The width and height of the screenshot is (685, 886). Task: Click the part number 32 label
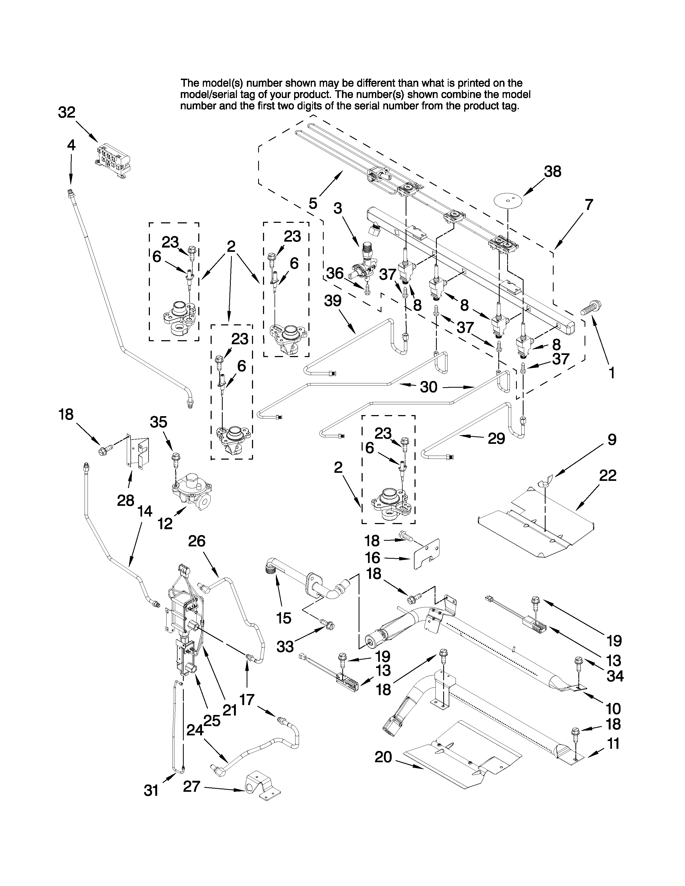point(67,112)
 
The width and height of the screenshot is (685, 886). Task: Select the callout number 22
point(607,475)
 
